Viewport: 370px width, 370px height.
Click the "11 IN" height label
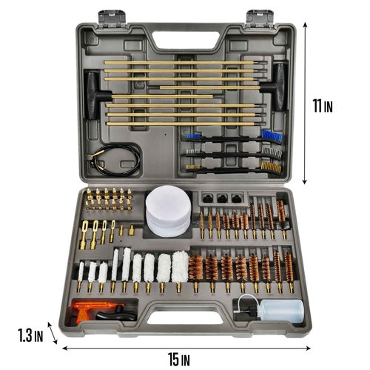pos(323,107)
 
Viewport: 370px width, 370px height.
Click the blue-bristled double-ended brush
pos(231,136)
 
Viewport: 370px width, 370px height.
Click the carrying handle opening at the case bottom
pos(184,325)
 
